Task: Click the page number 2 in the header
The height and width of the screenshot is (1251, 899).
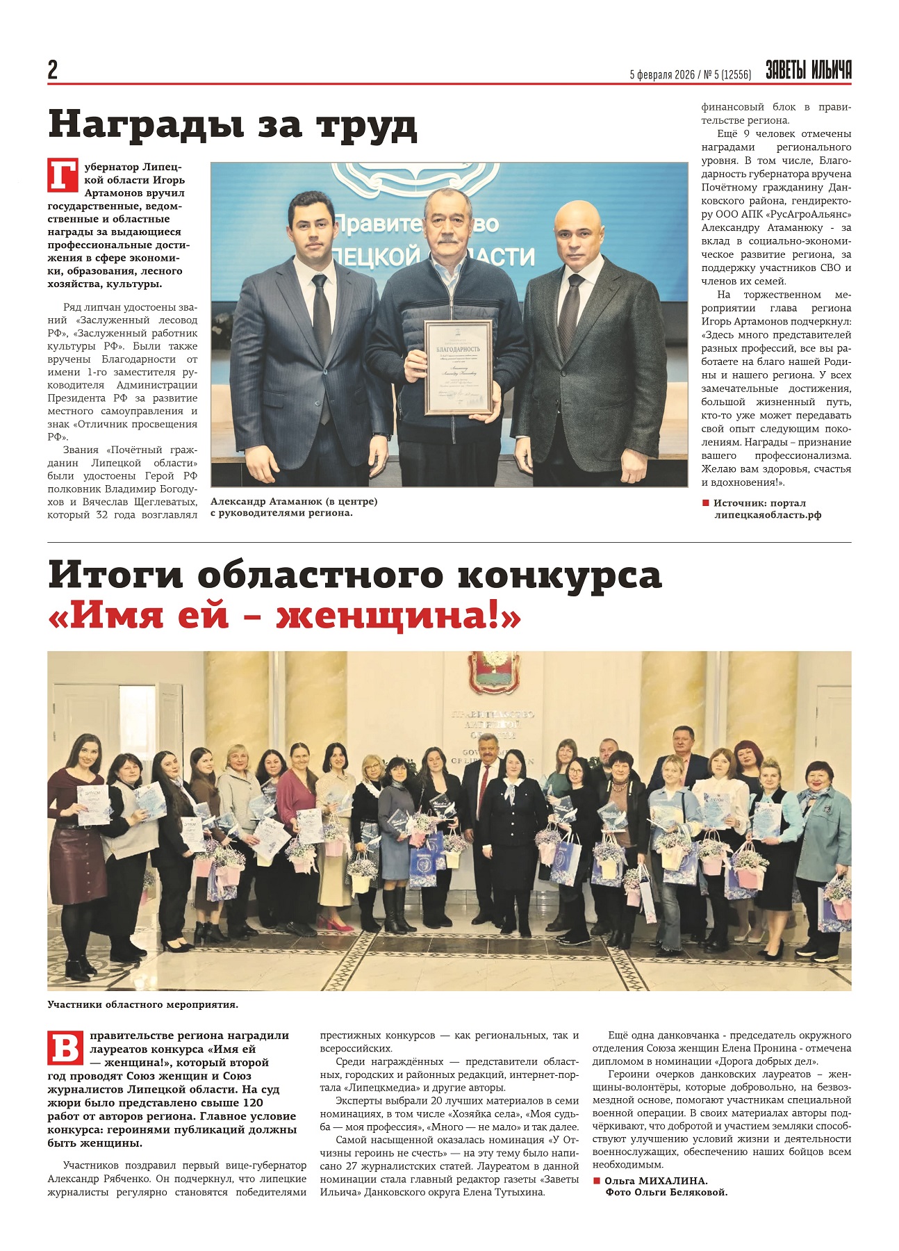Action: (53, 70)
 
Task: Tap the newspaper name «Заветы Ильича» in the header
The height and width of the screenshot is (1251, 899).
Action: (808, 70)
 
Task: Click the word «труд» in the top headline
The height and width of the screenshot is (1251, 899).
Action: (366, 125)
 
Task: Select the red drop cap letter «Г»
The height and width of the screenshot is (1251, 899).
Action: (63, 175)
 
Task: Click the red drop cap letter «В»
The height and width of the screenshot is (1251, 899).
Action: (65, 1048)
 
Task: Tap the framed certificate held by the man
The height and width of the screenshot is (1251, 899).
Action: (458, 368)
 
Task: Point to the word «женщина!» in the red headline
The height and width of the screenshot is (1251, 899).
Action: (398, 616)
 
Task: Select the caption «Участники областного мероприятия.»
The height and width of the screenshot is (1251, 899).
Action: (142, 1004)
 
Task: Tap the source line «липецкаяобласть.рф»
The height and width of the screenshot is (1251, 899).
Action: (768, 515)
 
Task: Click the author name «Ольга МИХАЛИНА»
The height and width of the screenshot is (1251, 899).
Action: (656, 1181)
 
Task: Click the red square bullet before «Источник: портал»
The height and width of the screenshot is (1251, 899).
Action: (706, 502)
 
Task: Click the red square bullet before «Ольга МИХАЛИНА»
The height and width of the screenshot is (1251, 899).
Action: (596, 1181)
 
